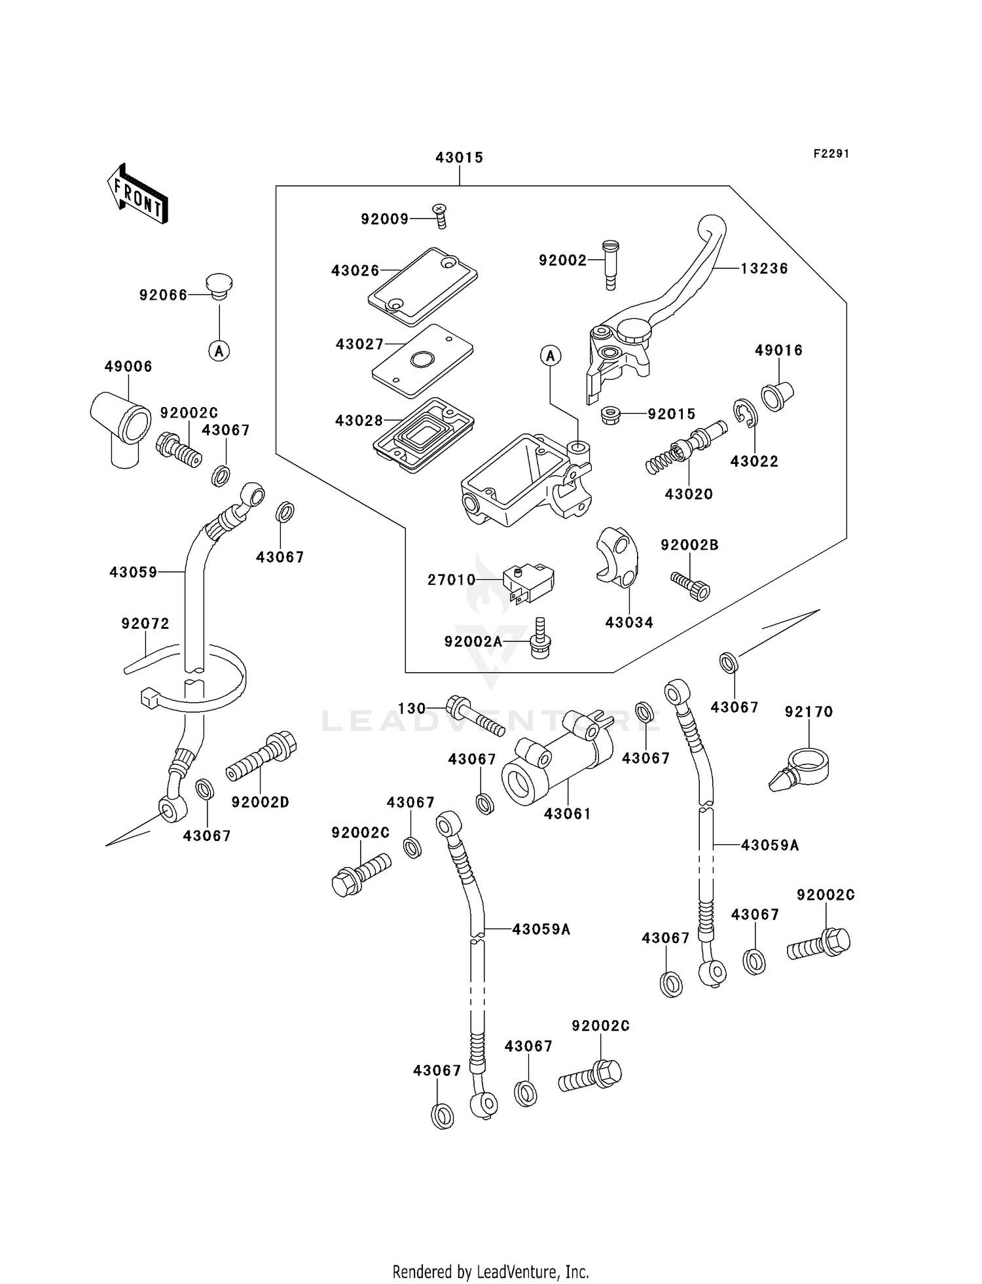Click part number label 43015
459,158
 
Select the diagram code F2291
831,154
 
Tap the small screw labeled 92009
440,215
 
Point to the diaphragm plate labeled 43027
422,361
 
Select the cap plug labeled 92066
219,287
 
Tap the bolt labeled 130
475,716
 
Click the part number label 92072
145,624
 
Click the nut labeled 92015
610,414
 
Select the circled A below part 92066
219,351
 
